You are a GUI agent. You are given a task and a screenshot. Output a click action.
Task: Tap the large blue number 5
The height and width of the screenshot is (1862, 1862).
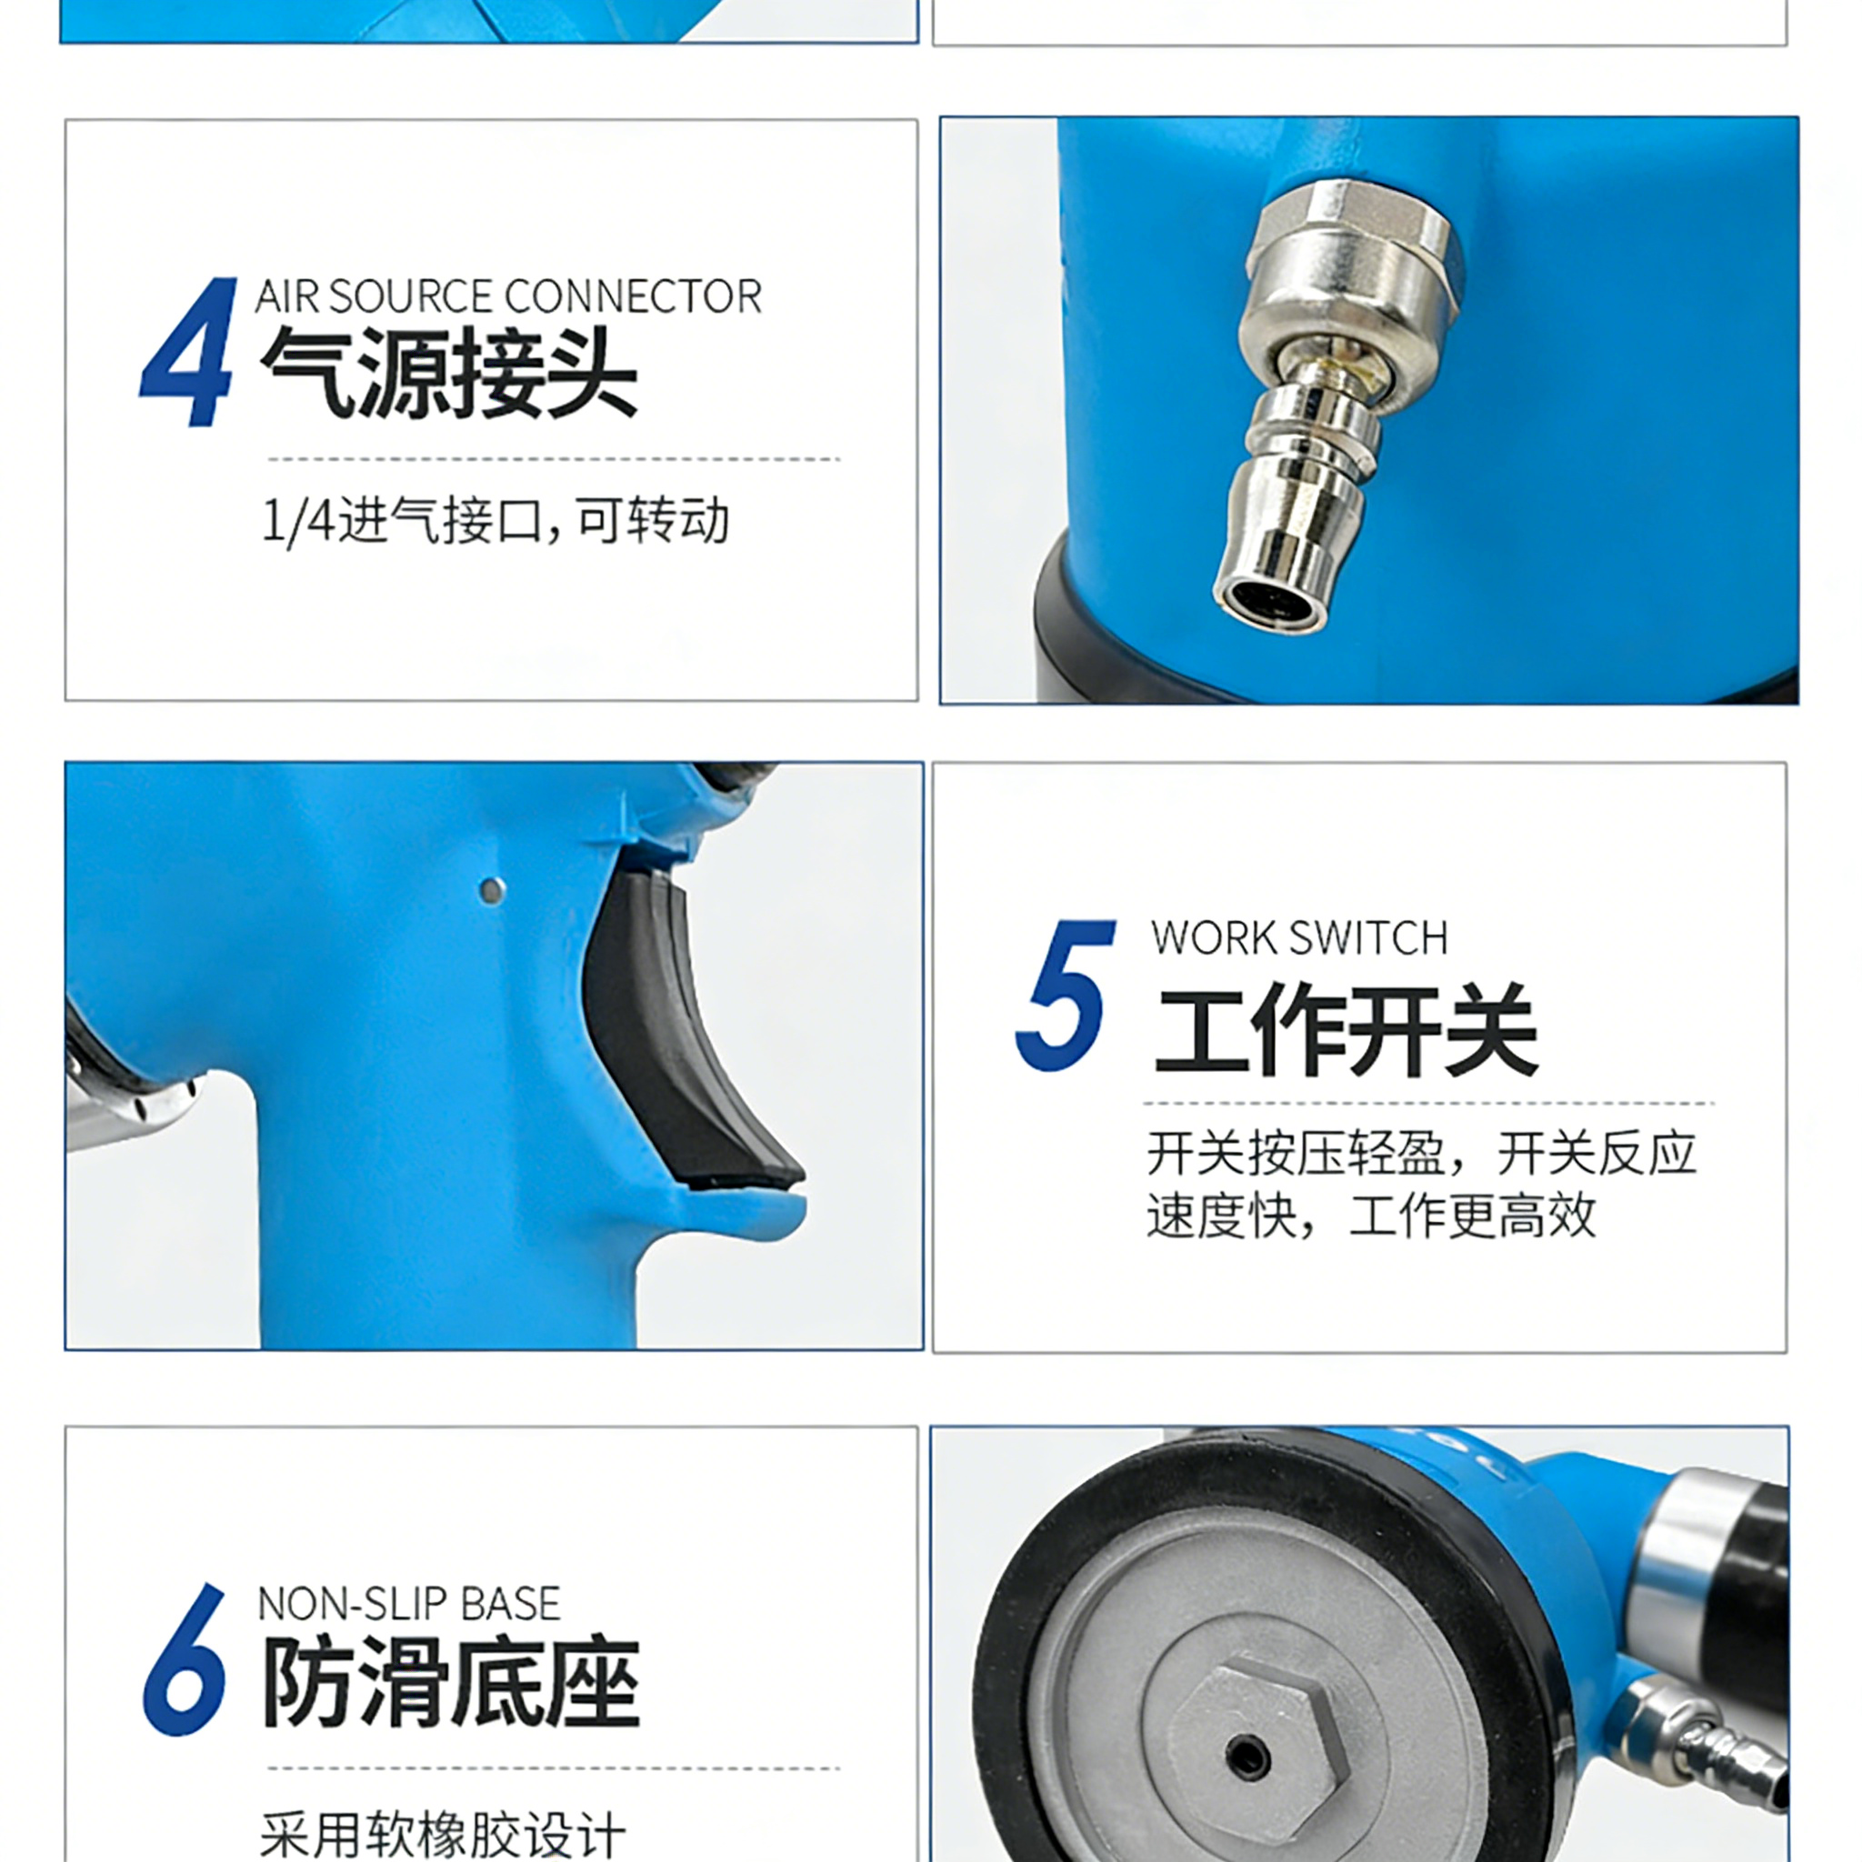1065,995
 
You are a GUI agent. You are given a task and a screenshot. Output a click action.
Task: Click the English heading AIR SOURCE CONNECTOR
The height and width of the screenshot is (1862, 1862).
508,296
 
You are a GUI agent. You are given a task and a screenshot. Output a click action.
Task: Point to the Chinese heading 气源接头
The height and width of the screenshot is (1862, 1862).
449,372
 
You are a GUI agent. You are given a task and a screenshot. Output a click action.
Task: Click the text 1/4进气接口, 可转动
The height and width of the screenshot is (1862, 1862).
496,521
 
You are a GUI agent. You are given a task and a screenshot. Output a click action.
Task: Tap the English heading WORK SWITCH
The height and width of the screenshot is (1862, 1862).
1299,937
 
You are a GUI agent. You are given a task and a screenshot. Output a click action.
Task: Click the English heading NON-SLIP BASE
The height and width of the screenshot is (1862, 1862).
408,1604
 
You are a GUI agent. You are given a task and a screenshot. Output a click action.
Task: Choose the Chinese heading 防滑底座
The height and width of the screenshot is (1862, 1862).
451,1681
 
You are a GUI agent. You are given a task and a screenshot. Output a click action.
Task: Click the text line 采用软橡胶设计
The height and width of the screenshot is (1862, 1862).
444,1834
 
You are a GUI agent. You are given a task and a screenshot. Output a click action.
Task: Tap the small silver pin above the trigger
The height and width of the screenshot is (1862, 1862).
492,890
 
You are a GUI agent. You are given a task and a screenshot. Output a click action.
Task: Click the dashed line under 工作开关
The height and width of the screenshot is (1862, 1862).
1429,1103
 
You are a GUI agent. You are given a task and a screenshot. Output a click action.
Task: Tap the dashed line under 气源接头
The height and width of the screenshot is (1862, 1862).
555,459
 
